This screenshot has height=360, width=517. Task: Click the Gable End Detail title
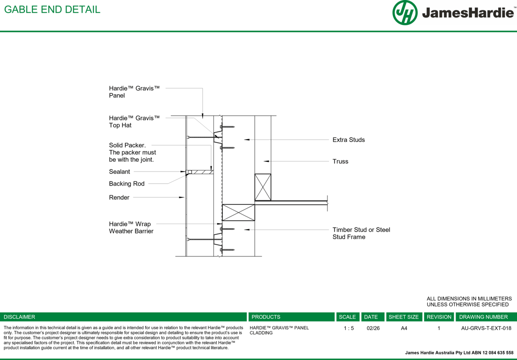click(x=52, y=9)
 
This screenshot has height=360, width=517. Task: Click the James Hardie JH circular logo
click(x=405, y=13)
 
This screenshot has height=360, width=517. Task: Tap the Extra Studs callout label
click(x=349, y=140)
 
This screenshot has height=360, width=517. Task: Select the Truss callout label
click(x=340, y=161)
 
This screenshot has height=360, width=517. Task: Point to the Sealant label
click(x=119, y=172)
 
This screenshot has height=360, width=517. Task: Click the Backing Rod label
click(x=127, y=183)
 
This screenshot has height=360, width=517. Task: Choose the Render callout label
click(x=119, y=197)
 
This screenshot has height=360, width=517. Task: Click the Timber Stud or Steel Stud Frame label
click(x=361, y=233)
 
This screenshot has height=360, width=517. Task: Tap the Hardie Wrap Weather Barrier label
click(x=131, y=228)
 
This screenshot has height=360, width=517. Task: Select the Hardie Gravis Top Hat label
click(x=134, y=121)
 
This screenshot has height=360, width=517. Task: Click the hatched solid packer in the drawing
click(x=203, y=172)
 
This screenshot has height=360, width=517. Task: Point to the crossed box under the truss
click(x=263, y=187)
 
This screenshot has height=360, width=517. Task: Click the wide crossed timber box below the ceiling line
click(x=238, y=212)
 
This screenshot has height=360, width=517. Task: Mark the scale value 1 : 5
click(x=349, y=328)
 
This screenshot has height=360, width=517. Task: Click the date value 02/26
click(x=373, y=328)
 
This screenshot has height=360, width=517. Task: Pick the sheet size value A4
click(x=404, y=328)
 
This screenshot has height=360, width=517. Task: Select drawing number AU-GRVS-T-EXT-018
click(x=486, y=328)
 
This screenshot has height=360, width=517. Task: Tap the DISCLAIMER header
click(x=19, y=317)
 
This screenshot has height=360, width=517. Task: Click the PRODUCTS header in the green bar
click(x=266, y=317)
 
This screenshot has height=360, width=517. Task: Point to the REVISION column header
click(x=439, y=317)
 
